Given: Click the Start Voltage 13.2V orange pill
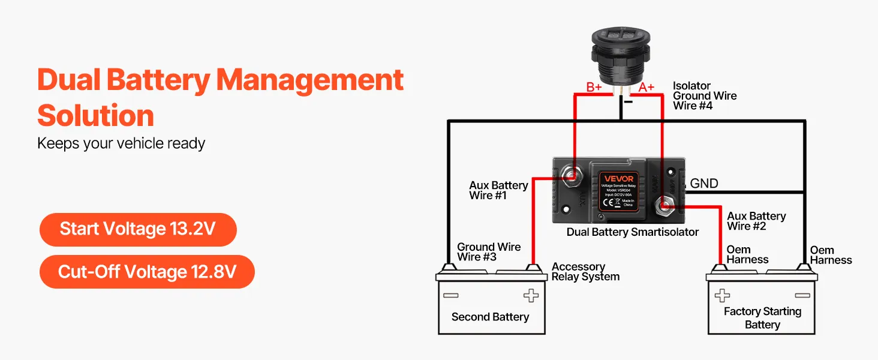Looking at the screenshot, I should click(138, 229).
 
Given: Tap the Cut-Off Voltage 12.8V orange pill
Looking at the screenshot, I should click(147, 272).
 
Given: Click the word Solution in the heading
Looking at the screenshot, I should click(95, 115).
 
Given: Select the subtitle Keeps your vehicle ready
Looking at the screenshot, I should click(121, 143).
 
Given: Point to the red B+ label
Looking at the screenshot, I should click(594, 88).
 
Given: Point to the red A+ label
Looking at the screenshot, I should click(646, 88).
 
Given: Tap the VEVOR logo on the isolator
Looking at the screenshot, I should click(618, 178).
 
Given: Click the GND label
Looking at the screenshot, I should click(704, 184).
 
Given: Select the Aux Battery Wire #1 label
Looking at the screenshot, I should click(498, 190).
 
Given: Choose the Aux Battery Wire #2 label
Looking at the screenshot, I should click(756, 221).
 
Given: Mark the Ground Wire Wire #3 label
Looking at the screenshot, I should click(489, 251).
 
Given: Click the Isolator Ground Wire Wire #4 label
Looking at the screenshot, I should click(704, 96).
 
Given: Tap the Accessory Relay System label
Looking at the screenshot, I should click(585, 272).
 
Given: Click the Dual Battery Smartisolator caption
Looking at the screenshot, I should click(633, 232).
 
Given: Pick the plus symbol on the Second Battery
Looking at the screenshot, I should click(531, 295).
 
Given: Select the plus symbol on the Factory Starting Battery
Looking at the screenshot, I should click(722, 295).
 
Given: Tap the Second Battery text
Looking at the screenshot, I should click(490, 317).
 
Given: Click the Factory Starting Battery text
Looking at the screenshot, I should click(762, 318).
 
